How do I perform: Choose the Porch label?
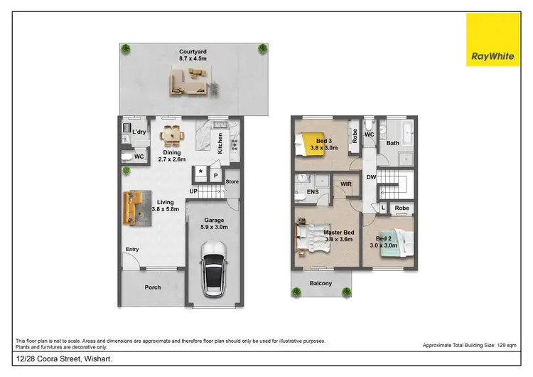pos(153,287)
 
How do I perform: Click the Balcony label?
pos(321,283)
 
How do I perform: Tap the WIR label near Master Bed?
pos(346,184)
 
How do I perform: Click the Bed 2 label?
pos(384,238)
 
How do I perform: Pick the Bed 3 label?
pos(323,141)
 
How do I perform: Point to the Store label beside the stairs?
pos(232,181)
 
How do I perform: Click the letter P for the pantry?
pos(215,174)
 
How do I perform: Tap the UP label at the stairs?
pos(193,191)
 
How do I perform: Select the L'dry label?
pos(139,132)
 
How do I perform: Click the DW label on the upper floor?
pos(371,177)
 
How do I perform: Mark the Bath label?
pos(392,143)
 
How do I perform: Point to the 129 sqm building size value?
pos(505,345)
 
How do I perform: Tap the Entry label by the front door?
pos(132,249)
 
